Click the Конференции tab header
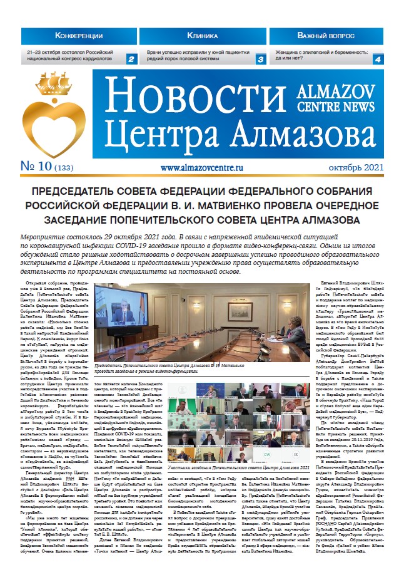click(x=79, y=35)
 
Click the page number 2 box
click(x=131, y=60)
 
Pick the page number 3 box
click(x=260, y=60)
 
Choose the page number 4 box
click(x=378, y=60)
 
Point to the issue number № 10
click(x=36, y=167)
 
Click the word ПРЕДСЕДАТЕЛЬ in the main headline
click(x=74, y=191)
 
